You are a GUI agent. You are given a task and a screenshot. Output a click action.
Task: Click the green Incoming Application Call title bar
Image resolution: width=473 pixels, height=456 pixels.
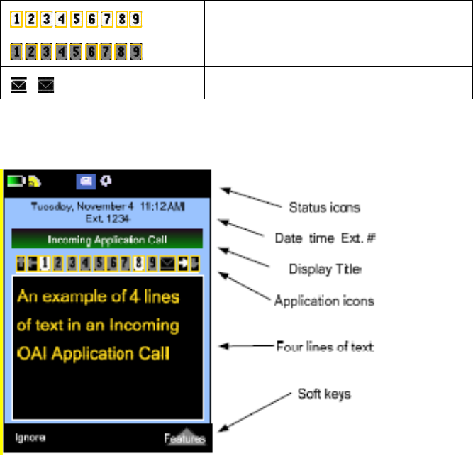[106, 239]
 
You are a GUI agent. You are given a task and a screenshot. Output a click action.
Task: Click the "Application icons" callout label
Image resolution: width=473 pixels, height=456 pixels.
[325, 301]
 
